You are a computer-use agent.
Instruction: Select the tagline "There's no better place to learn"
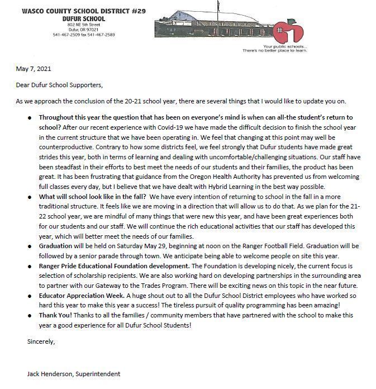click(267, 50)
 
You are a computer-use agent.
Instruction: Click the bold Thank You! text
click(55, 315)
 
